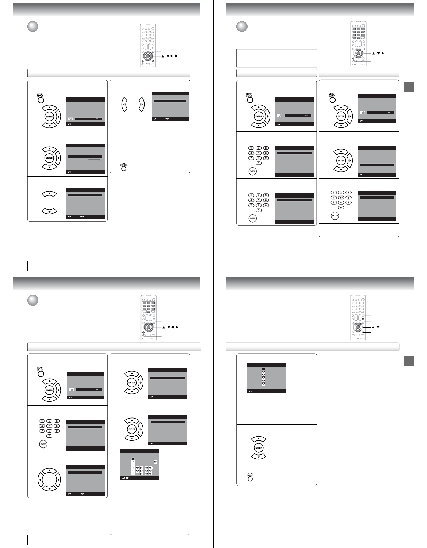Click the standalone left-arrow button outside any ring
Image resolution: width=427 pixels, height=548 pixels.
[124, 104]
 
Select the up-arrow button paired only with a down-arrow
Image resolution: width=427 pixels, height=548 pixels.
[49, 194]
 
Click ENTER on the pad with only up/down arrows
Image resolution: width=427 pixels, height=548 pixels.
[258, 447]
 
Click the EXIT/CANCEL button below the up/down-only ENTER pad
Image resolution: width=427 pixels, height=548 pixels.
[250, 479]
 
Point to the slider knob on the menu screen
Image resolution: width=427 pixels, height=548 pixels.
[100, 159]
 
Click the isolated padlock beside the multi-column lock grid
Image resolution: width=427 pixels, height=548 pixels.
[155, 462]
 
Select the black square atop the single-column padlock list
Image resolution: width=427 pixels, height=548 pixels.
[264, 369]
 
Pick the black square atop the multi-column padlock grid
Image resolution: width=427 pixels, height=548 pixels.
[133, 458]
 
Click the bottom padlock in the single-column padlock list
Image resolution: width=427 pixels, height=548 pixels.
[264, 384]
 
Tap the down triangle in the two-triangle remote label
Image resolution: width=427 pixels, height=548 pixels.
[378, 327]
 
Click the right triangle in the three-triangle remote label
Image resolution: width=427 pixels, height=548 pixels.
[383, 53]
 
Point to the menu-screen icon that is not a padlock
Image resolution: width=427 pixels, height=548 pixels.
[71, 119]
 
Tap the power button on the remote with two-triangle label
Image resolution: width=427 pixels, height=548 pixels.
[363, 299]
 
